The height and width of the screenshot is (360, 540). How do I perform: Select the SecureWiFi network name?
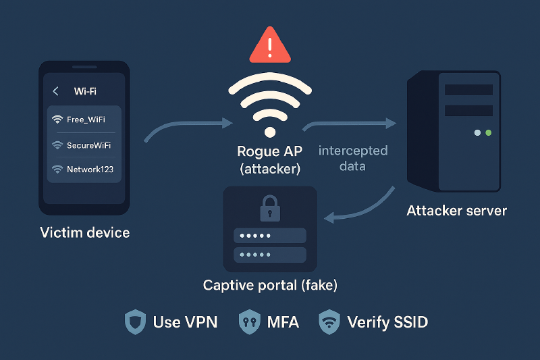coord(88,145)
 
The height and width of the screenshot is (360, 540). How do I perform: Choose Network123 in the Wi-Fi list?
coord(90,170)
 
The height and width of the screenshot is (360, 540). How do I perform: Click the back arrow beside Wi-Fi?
coord(56,91)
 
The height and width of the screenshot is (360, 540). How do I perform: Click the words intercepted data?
coord(352,158)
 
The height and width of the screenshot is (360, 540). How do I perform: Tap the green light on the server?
coord(488,133)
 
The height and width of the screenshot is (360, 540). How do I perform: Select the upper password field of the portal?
coord(269,236)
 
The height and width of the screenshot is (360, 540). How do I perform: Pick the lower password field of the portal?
coord(269,255)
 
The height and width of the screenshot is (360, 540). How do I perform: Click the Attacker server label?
coord(456,211)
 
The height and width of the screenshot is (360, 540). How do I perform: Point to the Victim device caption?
coord(84,233)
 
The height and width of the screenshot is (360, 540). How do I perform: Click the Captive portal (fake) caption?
coord(270,286)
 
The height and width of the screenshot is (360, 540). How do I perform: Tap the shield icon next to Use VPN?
coord(135,322)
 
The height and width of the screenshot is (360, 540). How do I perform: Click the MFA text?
coord(283,322)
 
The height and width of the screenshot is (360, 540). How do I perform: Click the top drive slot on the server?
coord(468,90)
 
